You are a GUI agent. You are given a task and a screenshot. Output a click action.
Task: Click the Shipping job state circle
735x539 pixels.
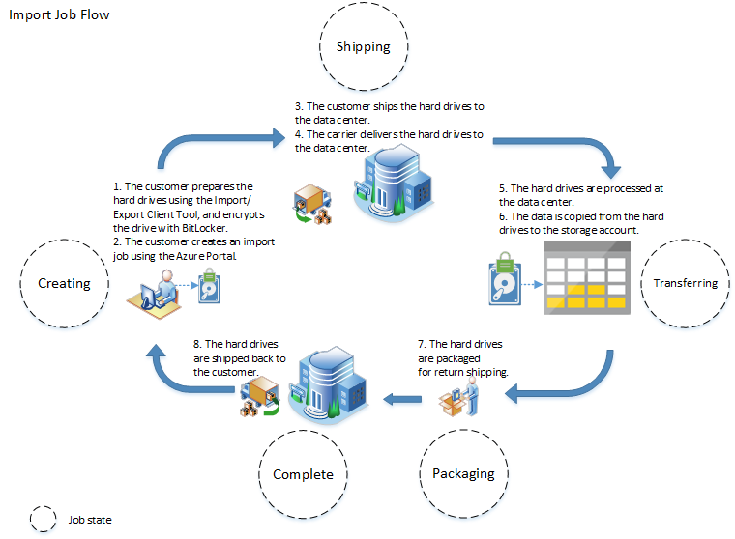(363, 47)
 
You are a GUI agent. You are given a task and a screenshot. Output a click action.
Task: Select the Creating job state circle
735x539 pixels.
(64, 283)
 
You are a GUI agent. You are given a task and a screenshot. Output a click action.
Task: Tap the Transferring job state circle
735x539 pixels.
(685, 283)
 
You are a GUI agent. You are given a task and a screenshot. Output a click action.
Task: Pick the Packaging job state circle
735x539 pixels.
(462, 472)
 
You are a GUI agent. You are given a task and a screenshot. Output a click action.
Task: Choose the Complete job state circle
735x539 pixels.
(303, 473)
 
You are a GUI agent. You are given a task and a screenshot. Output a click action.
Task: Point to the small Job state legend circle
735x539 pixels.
(44, 520)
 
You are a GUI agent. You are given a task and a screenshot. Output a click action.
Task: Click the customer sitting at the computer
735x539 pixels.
(159, 294)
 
